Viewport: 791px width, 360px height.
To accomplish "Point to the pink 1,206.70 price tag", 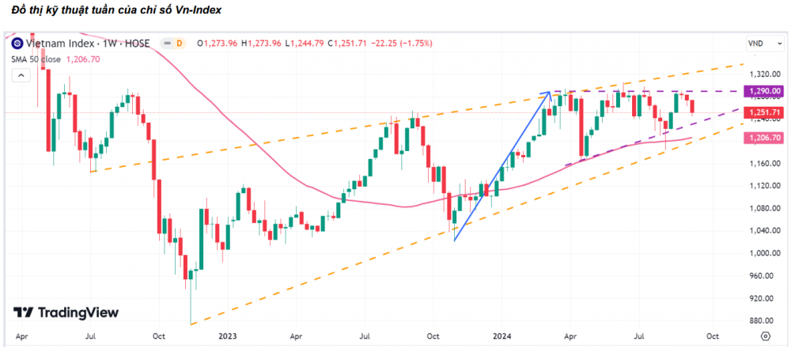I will (762, 138).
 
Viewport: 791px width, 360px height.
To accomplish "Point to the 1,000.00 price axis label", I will (759, 253).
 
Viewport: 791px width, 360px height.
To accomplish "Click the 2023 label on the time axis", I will (227, 335).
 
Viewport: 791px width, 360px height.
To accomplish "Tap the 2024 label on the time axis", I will (501, 335).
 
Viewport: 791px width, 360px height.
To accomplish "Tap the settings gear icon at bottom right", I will (765, 335).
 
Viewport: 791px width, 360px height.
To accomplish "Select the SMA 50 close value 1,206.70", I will (83, 59).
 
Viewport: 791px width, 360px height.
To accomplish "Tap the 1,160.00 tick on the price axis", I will (759, 164).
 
